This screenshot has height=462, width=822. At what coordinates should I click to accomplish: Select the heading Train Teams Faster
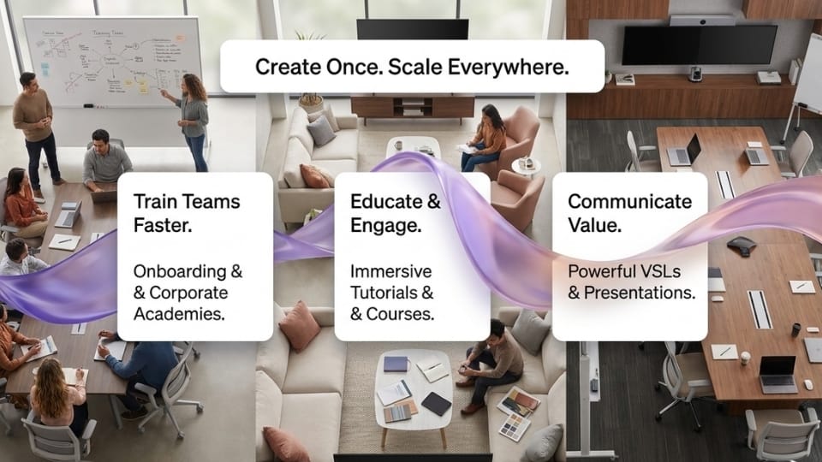coord(187,213)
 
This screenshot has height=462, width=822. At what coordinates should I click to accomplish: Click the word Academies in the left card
coord(179,314)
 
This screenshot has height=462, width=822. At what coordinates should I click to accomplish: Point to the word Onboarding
coord(180,271)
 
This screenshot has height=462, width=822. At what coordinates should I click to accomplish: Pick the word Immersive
coord(391,271)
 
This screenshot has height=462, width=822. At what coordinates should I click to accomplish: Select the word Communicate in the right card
coord(629,201)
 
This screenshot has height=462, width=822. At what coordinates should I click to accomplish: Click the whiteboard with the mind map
coord(111,61)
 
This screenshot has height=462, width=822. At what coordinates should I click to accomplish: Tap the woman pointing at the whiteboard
coord(192,121)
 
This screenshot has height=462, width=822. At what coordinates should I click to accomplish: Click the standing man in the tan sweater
coord(36,131)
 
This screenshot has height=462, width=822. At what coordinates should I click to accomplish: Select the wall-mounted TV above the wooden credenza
coord(699,44)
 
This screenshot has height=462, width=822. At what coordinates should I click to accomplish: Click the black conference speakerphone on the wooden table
coord(742,246)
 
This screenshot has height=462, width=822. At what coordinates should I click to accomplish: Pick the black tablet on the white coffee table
coord(436,403)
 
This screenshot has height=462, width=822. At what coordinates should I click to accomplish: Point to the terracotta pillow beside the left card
coord(299,326)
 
